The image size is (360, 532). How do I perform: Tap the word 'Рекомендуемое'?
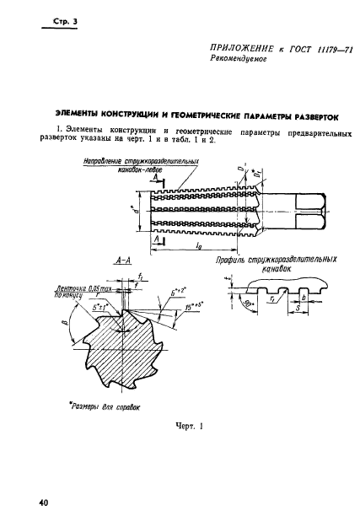point(239,85)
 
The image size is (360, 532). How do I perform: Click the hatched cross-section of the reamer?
point(136,345)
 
